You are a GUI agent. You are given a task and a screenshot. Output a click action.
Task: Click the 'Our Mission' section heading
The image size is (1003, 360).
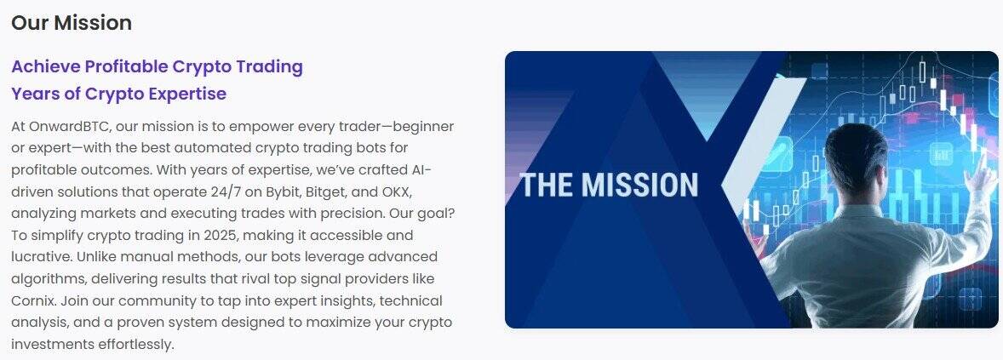(72, 23)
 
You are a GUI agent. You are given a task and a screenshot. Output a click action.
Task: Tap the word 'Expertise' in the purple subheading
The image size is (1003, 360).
(187, 94)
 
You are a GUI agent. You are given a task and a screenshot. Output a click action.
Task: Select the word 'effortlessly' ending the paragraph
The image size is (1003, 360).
(135, 344)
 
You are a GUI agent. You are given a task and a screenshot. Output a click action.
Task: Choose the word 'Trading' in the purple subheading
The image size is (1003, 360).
(269, 66)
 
